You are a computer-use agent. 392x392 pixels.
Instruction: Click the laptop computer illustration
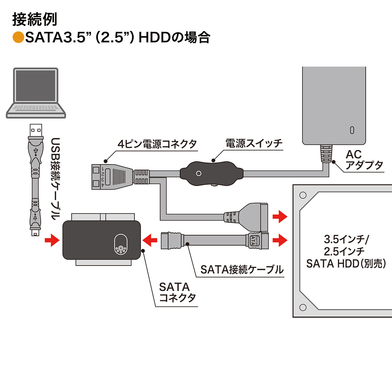[x=36, y=92]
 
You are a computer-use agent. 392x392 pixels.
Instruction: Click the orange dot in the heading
[x=18, y=37]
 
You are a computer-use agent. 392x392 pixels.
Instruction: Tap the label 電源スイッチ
[x=254, y=143]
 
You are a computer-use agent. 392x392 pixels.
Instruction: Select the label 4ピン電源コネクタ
[x=157, y=144]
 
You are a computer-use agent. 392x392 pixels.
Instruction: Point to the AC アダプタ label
[x=364, y=160]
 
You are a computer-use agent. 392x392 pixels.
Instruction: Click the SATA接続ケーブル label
[x=242, y=269]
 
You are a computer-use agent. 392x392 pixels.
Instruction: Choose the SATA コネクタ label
[x=177, y=292]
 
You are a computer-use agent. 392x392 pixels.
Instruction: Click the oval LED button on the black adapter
[x=121, y=244]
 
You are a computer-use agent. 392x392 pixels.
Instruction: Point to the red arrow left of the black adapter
[x=52, y=240]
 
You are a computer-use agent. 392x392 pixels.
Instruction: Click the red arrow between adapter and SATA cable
[x=150, y=240]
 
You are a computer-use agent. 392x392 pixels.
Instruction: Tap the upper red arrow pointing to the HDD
[x=280, y=217]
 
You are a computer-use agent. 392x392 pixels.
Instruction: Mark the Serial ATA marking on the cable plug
[x=255, y=241]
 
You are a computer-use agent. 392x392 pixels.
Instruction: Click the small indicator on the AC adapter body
[x=352, y=130]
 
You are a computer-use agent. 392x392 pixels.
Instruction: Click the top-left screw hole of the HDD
[x=303, y=195]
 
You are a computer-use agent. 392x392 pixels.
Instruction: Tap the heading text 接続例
[x=35, y=20]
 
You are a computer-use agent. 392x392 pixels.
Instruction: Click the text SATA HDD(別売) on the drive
[x=346, y=264]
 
